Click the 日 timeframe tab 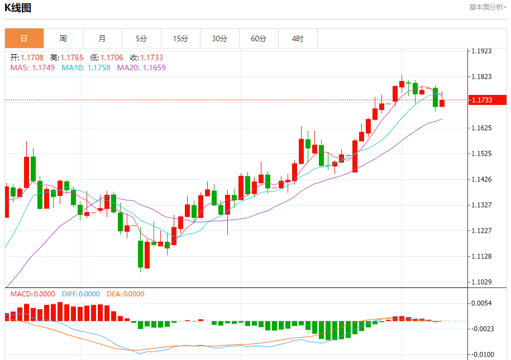point(24,39)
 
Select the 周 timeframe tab point(63,39)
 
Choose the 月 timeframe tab point(102,39)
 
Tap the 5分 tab point(141,39)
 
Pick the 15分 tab point(180,39)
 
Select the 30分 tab point(219,39)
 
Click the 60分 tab point(259,39)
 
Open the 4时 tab point(298,39)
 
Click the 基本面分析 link point(488,7)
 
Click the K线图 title point(18,8)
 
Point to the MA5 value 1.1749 point(44,68)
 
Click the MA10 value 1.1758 point(98,68)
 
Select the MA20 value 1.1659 point(154,68)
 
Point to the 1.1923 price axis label point(481,51)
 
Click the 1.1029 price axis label point(481,282)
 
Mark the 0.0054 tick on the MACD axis point(481,303)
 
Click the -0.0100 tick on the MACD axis point(481,354)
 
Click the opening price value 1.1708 point(32,57)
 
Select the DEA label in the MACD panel point(113,294)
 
